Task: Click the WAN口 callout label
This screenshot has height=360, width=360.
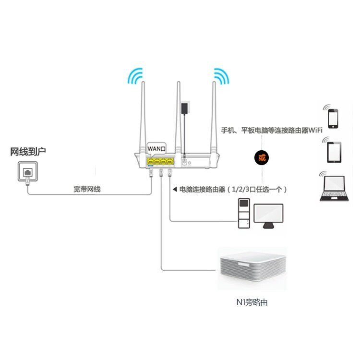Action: [156, 148]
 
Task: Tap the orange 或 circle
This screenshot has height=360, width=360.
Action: [262, 158]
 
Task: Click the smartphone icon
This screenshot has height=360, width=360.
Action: [333, 119]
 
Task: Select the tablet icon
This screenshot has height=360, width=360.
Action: [334, 152]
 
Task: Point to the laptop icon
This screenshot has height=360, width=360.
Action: [334, 189]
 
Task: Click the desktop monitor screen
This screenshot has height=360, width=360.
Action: [268, 214]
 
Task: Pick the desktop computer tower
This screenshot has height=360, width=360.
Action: [244, 213]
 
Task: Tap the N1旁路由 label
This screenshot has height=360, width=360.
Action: [252, 302]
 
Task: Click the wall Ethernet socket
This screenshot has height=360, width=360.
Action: [28, 171]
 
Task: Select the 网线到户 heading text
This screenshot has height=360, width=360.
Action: [28, 152]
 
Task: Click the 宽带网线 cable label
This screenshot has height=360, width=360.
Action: [87, 189]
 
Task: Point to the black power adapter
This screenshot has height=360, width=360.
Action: [184, 108]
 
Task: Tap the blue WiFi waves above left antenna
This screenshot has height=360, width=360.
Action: [135, 76]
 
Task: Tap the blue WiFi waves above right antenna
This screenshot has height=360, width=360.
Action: [222, 76]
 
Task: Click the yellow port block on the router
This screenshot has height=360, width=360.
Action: [160, 162]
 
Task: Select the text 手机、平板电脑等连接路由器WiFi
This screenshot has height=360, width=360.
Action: [272, 131]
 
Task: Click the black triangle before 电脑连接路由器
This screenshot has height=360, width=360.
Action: [175, 189]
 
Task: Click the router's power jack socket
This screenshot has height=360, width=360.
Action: [184, 162]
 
